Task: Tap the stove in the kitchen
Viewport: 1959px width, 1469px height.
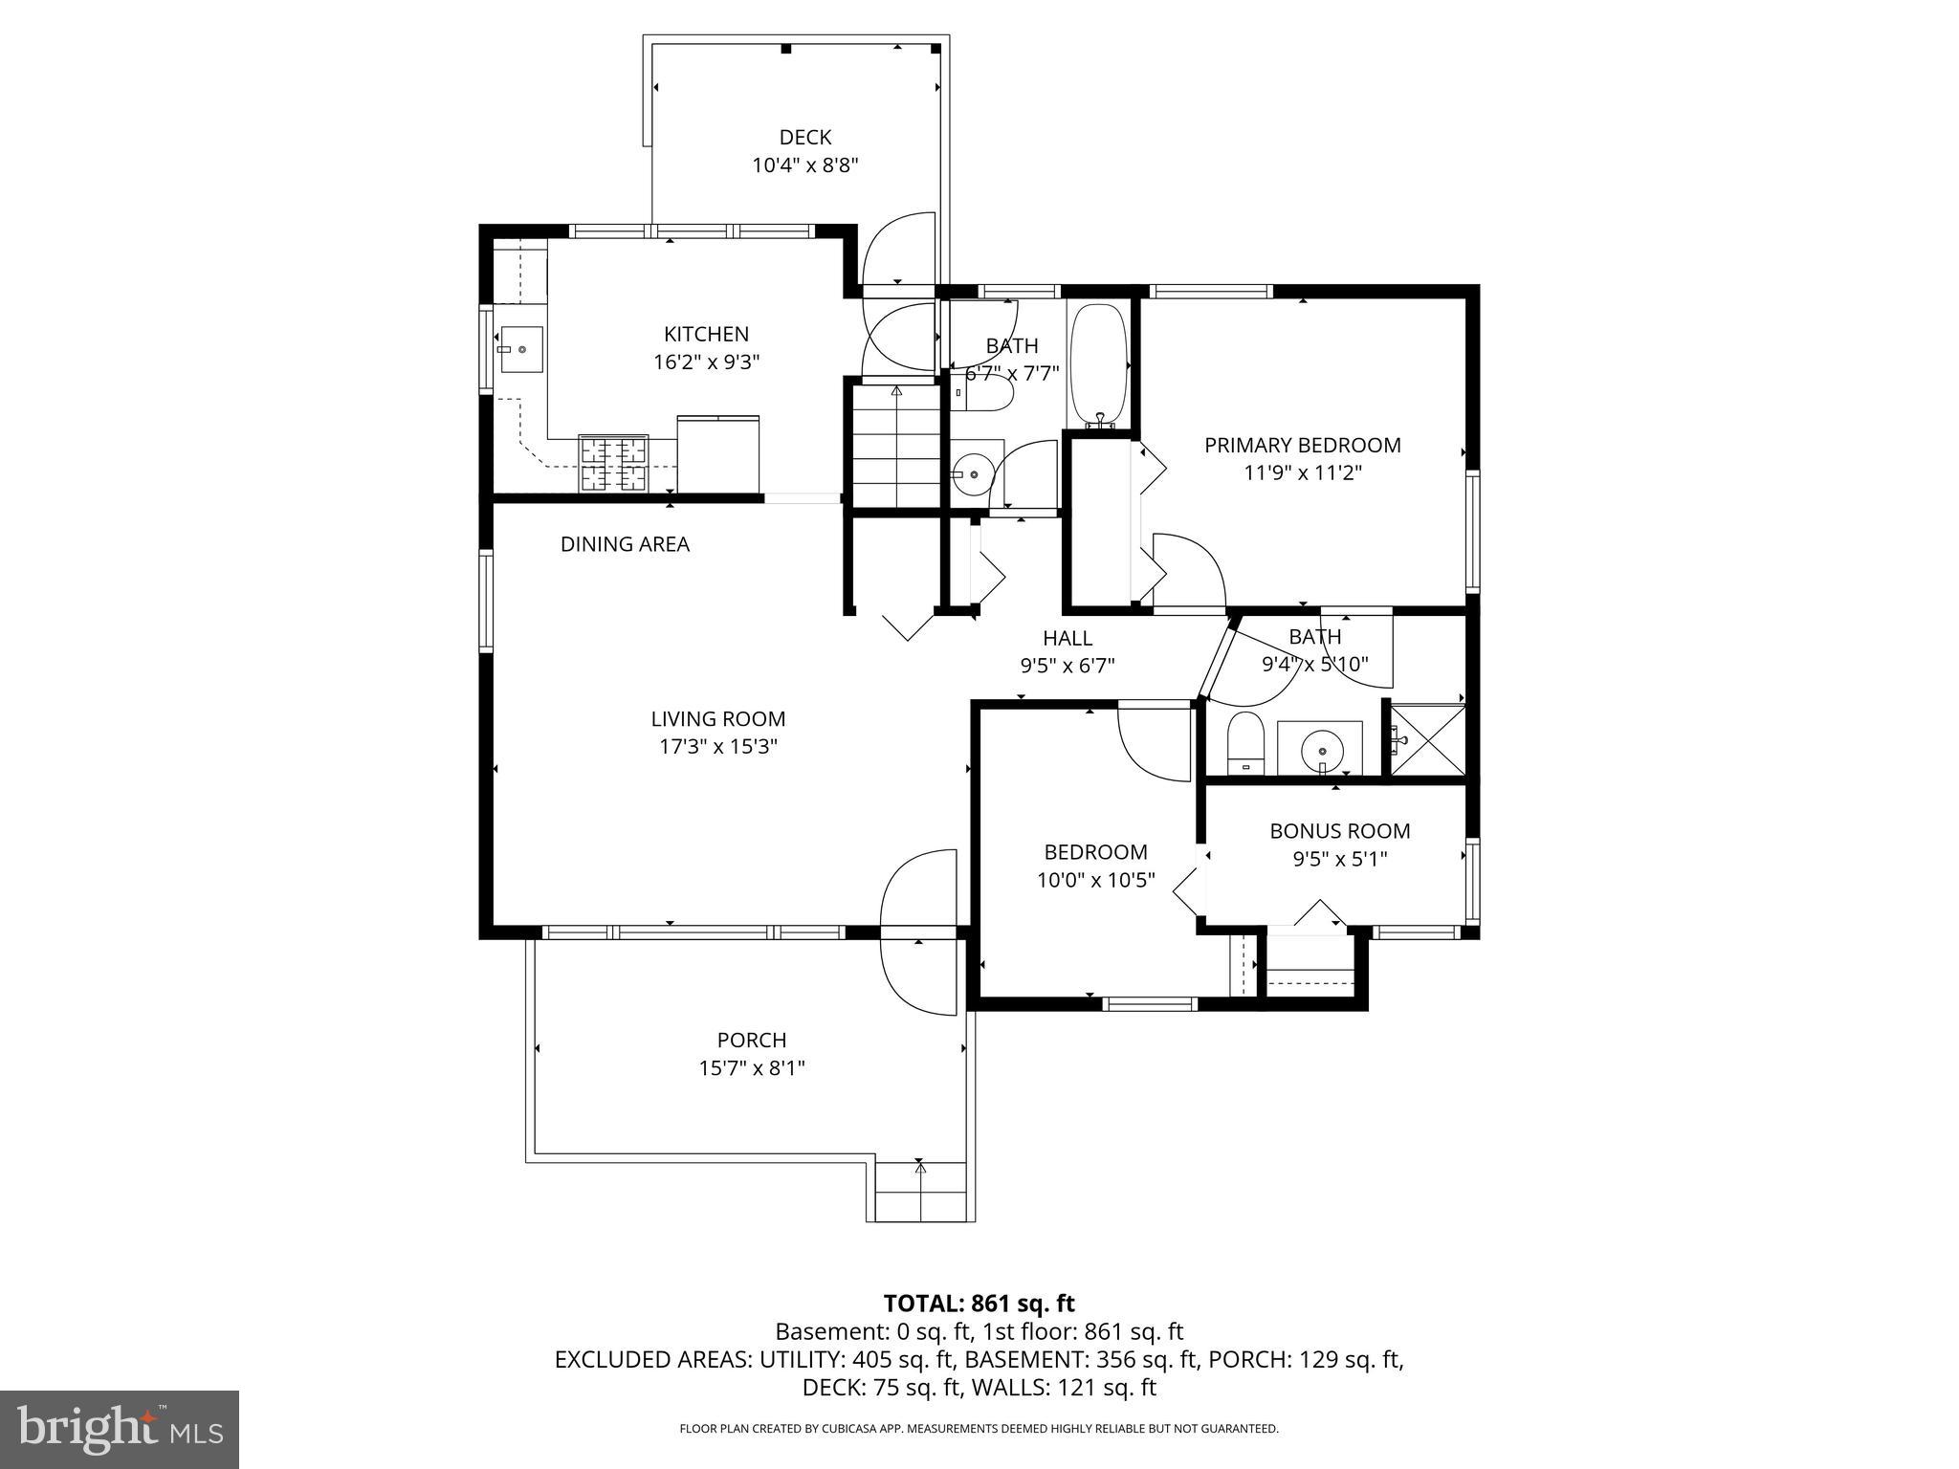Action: click(x=613, y=464)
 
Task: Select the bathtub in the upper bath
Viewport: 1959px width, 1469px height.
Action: click(x=1099, y=364)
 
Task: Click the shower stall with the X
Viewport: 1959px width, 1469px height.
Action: click(x=1426, y=740)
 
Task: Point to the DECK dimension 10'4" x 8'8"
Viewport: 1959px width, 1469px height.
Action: click(x=804, y=165)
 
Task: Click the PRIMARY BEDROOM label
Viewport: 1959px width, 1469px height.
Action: click(x=1302, y=445)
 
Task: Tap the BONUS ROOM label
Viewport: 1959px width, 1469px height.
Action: click(x=1339, y=831)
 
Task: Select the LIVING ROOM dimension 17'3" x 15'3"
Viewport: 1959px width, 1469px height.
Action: click(x=717, y=747)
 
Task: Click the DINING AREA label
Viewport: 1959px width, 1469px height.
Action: click(x=625, y=544)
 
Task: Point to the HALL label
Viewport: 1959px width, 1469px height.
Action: click(x=1067, y=638)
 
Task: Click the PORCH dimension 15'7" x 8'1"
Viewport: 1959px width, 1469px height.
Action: click(x=751, y=1068)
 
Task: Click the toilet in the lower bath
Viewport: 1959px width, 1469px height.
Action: click(x=1245, y=742)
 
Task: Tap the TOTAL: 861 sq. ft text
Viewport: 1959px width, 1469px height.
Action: click(x=979, y=1304)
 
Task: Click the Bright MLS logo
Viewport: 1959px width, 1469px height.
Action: click(x=119, y=1429)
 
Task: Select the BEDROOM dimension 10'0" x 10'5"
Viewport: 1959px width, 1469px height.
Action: click(x=1095, y=880)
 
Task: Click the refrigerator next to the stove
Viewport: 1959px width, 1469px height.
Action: click(x=717, y=453)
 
